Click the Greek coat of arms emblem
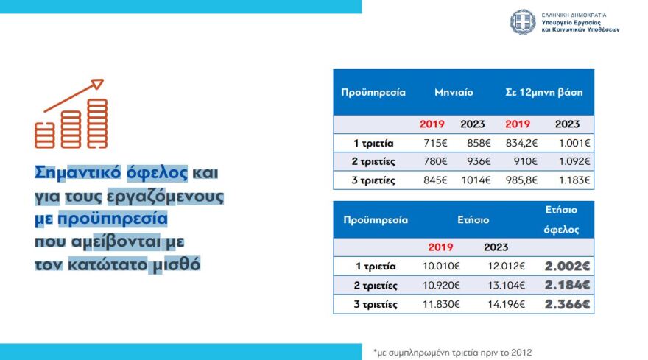pyautogui.click(x=523, y=22)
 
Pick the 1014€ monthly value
pyautogui.click(x=472, y=180)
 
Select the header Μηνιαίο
pyautogui.click(x=453, y=93)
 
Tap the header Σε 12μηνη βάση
pyautogui.click(x=543, y=93)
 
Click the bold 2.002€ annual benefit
pyautogui.click(x=568, y=266)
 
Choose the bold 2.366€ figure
pyautogui.click(x=568, y=304)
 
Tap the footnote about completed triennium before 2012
pyautogui.click(x=452, y=351)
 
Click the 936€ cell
pyautogui.click(x=472, y=161)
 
